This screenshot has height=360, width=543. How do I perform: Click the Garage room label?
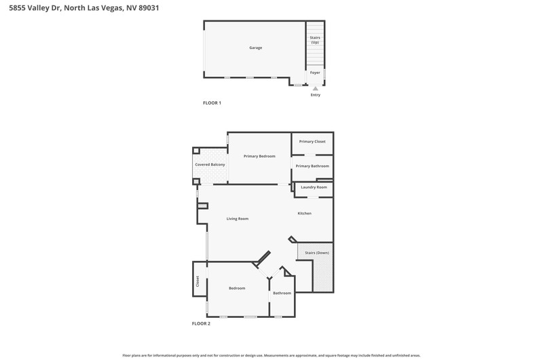256,48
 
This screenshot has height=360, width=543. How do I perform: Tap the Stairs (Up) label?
315,40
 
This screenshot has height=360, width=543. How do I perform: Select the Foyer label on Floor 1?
315,73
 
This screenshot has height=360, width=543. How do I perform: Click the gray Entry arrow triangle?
315,89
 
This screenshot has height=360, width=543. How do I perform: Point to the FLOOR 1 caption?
212,103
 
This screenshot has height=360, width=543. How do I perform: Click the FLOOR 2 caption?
201,323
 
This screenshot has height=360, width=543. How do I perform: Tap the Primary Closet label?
312,141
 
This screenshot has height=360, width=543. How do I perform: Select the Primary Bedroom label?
259,156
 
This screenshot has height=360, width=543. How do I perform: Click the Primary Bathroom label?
312,166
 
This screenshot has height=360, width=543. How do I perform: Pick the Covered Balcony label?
210,164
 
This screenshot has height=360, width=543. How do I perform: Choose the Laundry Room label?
314,187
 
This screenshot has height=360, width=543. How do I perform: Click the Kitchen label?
304,213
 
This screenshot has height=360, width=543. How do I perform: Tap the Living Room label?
237,219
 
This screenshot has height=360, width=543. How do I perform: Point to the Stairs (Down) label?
317,253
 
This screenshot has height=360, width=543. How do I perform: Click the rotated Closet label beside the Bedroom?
198,281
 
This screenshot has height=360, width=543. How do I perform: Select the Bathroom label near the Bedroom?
282,293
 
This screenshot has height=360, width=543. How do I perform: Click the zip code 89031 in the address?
149,8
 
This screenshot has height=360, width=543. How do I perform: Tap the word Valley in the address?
39,8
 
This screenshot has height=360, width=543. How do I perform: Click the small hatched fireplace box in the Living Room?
202,206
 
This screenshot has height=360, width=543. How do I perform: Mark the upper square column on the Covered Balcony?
196,151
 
